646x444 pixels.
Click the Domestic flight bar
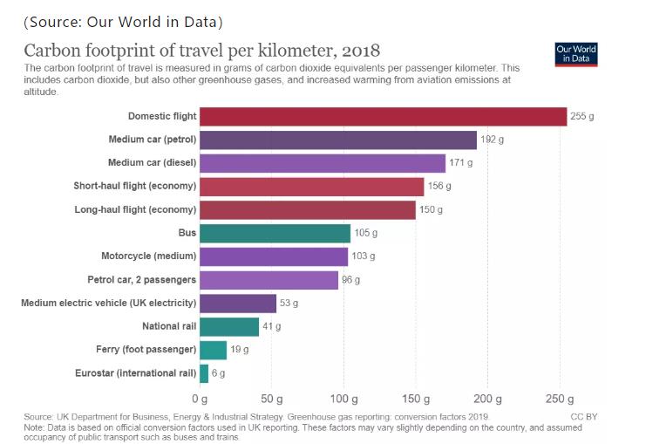[x=384, y=116]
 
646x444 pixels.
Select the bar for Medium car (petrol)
[x=338, y=140]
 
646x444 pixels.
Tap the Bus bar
[x=275, y=233]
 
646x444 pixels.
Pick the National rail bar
[x=229, y=326]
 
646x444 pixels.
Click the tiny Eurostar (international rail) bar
[x=204, y=373]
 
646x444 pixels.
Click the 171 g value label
[x=461, y=163]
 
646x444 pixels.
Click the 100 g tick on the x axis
[x=344, y=400]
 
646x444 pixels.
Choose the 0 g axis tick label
[x=201, y=400]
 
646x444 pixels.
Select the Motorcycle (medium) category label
[x=149, y=256]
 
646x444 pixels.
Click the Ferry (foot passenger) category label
[x=146, y=350]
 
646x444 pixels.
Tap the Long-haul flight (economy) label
[x=135, y=209]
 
